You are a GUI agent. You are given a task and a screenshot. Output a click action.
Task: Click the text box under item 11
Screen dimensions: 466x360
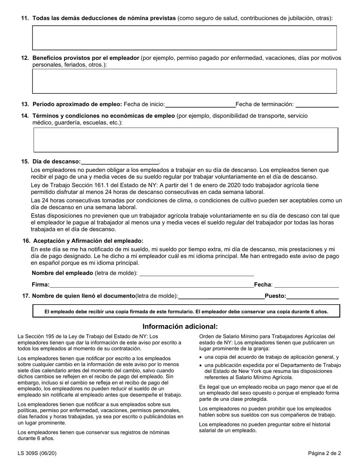point(185,38)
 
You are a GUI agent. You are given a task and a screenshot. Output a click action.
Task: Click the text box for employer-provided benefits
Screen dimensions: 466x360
point(185,81)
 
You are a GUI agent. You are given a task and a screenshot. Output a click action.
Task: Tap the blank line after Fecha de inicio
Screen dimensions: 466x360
point(200,105)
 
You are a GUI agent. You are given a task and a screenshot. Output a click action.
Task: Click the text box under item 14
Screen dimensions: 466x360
point(186,140)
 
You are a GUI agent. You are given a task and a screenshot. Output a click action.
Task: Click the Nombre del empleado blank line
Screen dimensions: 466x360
point(197,273)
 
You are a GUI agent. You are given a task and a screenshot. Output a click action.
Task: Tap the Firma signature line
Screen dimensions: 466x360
point(152,285)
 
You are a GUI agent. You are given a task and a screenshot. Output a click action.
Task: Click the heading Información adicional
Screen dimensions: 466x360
point(180,326)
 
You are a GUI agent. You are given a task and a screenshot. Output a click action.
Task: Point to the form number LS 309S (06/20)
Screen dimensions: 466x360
point(37,453)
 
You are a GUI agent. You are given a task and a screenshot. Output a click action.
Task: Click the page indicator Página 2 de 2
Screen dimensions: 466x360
point(324,453)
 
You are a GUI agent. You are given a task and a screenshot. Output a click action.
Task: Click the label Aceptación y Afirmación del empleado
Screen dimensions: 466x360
point(88,241)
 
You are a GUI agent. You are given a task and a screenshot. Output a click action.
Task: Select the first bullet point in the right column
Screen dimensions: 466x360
point(201,357)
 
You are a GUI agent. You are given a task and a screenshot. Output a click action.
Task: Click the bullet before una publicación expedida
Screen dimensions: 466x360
point(201,365)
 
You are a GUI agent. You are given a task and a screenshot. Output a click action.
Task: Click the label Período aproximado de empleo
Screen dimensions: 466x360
point(77,104)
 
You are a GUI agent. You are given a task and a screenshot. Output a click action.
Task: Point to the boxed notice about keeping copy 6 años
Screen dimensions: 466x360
point(186,311)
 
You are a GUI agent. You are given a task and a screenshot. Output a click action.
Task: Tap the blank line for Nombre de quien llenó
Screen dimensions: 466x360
point(221,296)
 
